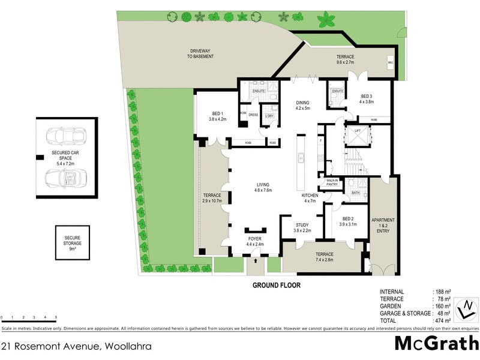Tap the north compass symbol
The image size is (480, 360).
pos(466,308)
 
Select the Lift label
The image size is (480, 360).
pos(358,130)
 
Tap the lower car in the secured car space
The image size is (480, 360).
pos(65,178)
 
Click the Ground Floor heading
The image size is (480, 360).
pos(276,286)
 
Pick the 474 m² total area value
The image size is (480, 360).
pos(443,320)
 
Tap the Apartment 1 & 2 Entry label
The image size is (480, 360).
pos(383,225)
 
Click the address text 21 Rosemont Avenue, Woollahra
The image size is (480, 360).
pos(76,346)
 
